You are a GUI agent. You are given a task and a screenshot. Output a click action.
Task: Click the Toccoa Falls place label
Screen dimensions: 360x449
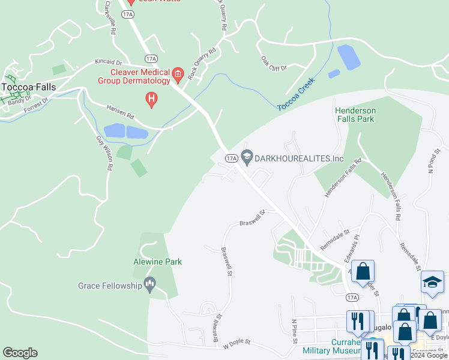click(x=28, y=87)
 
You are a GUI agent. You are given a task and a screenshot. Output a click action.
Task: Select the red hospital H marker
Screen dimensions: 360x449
click(x=152, y=98)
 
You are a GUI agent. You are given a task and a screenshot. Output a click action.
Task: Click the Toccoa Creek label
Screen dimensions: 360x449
click(x=296, y=96)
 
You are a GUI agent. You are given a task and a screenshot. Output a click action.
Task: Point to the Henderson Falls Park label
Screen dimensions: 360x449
click(x=355, y=115)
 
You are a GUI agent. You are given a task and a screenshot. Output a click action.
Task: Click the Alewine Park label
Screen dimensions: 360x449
click(x=157, y=262)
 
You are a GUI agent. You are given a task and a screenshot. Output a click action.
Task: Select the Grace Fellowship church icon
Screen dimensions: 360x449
click(x=150, y=284)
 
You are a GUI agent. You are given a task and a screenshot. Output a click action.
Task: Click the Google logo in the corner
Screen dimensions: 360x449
click(x=20, y=353)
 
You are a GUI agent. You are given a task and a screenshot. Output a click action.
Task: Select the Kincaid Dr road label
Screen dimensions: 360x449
click(x=107, y=62)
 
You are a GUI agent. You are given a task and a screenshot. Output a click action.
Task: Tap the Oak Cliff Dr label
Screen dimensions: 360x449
click(x=274, y=63)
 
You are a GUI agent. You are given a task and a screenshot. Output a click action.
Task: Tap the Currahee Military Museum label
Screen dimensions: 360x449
click(x=336, y=346)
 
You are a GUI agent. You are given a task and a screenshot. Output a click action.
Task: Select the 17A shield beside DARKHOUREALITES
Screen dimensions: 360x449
click(x=232, y=158)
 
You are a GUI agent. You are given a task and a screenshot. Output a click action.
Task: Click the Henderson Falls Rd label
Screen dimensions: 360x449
click(x=343, y=179)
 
